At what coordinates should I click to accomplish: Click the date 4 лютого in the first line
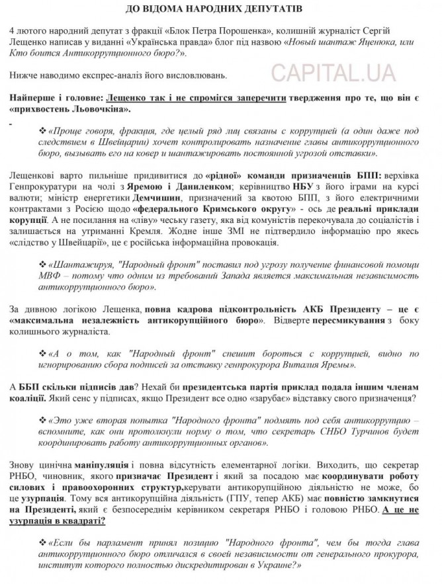coord(31,34)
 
